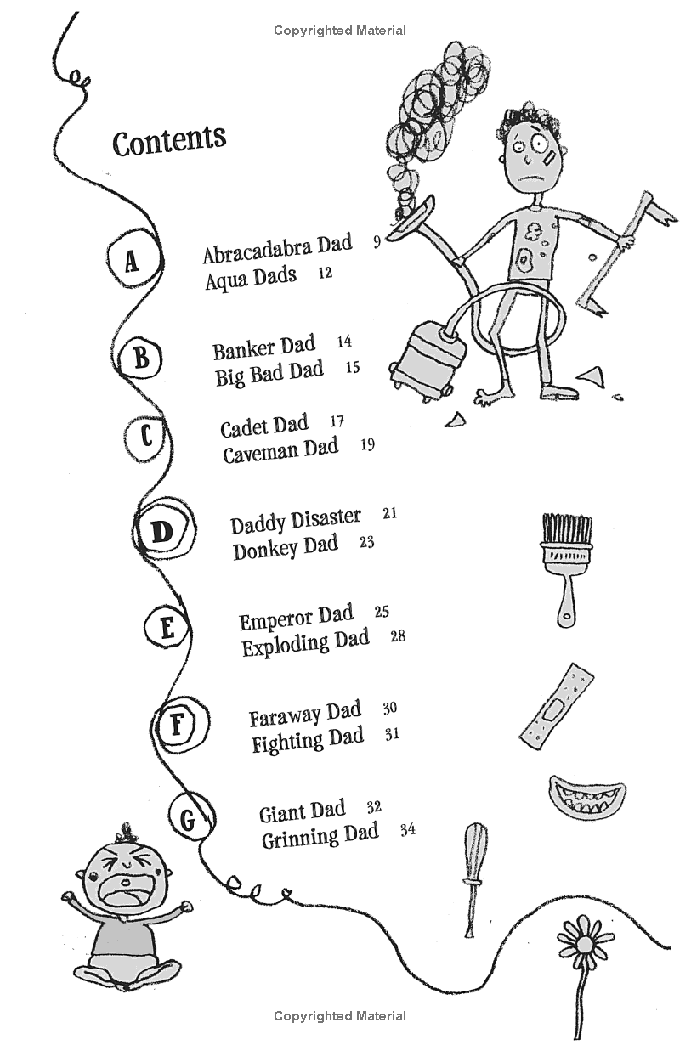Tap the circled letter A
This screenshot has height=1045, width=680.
[130, 262]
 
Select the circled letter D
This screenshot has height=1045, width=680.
[161, 533]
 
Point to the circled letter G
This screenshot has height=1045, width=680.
[188, 820]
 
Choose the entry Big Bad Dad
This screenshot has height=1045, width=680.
[269, 372]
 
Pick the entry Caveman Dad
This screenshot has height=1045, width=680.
[280, 450]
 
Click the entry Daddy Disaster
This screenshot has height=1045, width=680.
[295, 520]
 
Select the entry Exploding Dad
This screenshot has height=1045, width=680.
[305, 642]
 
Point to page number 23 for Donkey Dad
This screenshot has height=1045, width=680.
[366, 541]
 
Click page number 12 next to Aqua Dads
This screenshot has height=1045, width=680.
[324, 274]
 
